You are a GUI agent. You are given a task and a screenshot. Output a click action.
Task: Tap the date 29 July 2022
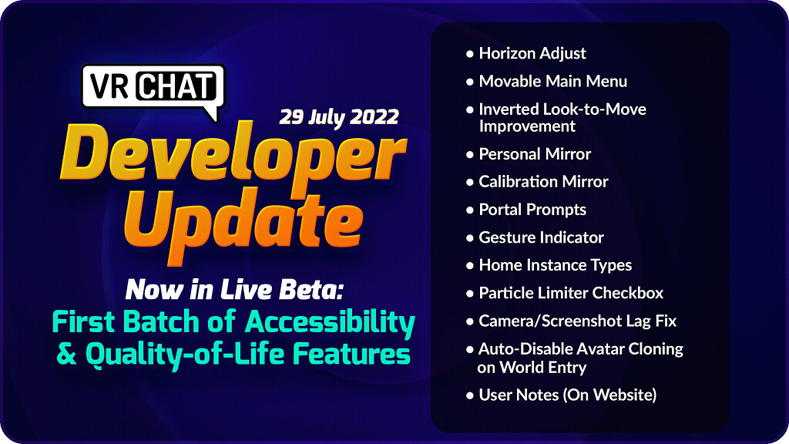point(339,117)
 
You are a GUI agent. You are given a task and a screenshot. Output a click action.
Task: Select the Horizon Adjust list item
point(532,53)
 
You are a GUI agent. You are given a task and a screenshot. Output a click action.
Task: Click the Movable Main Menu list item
point(552,81)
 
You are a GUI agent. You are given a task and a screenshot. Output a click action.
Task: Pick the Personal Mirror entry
point(535,153)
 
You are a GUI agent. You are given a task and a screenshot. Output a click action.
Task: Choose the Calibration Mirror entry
point(543,181)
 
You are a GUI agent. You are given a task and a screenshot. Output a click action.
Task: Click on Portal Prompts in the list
point(532,209)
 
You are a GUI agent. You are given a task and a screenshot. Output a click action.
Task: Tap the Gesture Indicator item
point(541,237)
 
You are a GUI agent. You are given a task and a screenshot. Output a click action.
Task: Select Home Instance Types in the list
point(555,264)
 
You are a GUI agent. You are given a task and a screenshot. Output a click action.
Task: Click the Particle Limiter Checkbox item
point(571,292)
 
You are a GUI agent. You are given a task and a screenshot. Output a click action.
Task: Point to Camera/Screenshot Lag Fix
point(578,320)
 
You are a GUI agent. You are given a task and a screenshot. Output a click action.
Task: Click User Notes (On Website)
point(568,395)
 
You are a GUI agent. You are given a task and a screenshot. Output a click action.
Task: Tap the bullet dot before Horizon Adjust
point(470,54)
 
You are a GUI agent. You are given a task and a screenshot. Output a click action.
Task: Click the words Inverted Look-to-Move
point(562,109)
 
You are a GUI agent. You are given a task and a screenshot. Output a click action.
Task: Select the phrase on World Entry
point(532,367)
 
